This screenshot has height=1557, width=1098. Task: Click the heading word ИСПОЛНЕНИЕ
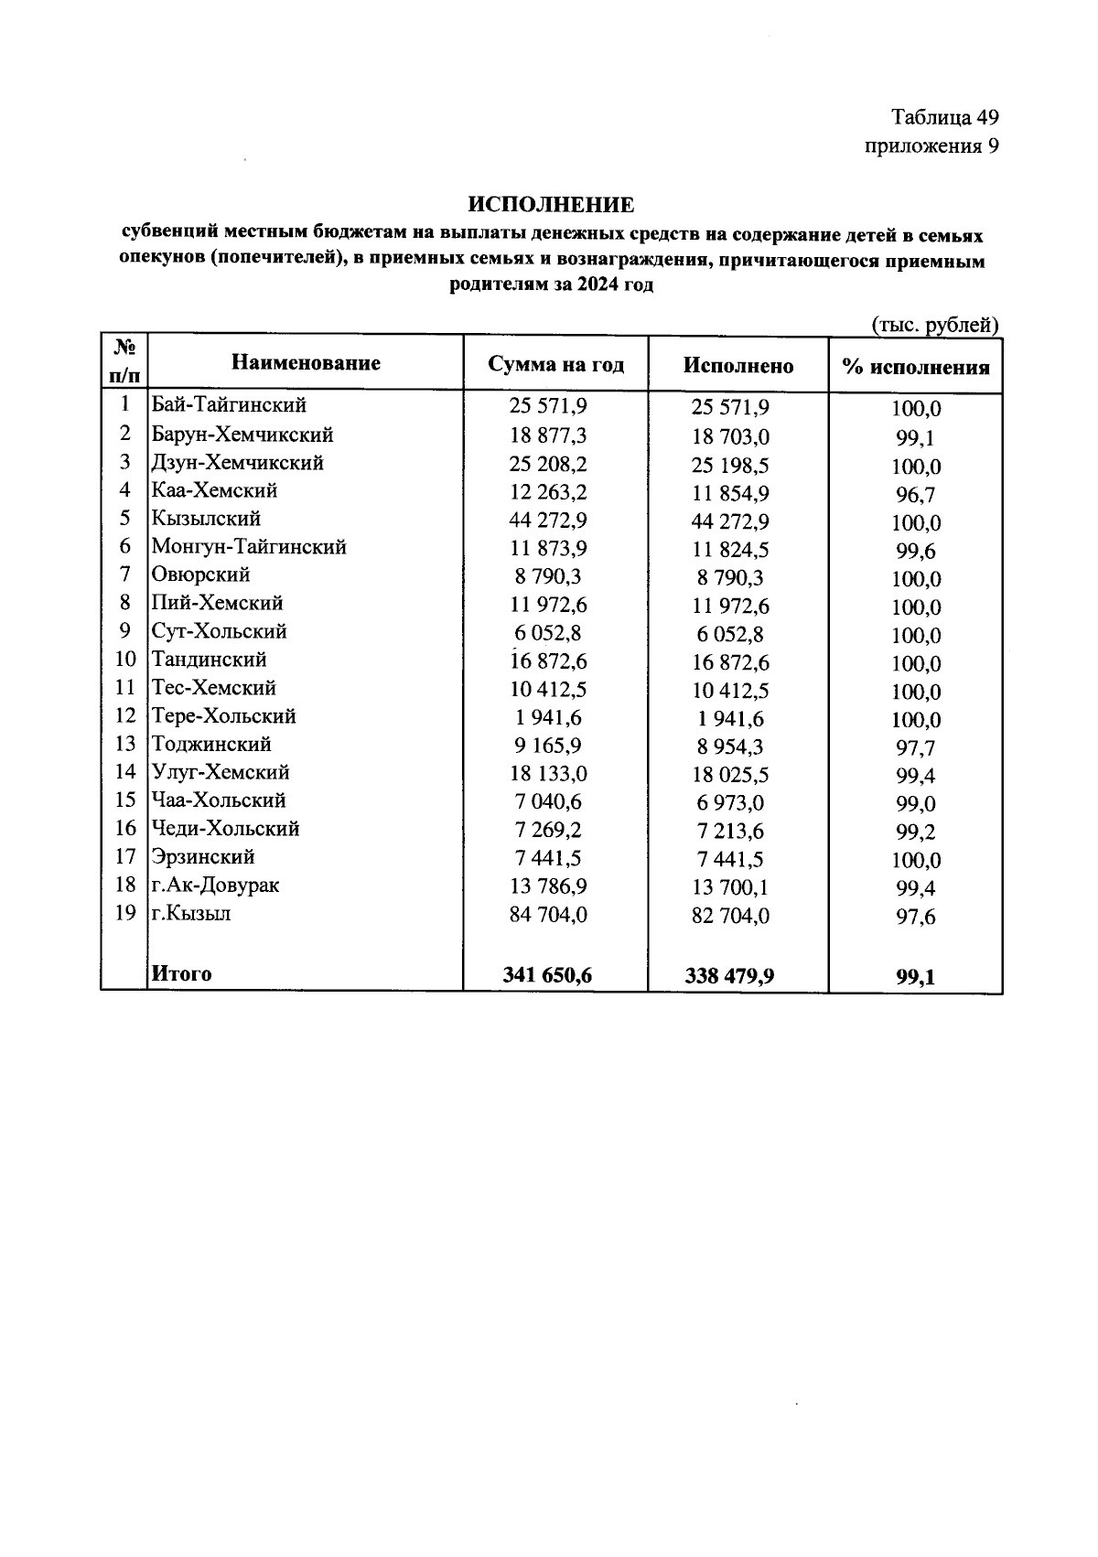click(x=551, y=204)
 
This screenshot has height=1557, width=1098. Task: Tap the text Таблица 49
click(x=944, y=117)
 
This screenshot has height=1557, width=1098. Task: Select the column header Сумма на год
click(x=555, y=364)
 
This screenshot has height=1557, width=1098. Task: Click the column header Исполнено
click(x=737, y=366)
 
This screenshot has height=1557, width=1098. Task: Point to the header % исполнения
click(x=916, y=368)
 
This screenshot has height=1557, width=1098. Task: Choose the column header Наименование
click(x=306, y=363)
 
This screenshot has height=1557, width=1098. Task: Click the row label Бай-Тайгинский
click(x=229, y=404)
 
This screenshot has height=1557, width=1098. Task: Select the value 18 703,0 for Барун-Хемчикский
click(x=730, y=437)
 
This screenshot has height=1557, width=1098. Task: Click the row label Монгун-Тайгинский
click(x=249, y=547)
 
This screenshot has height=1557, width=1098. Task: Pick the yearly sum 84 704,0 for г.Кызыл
click(x=548, y=914)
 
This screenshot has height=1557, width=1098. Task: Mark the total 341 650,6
click(x=547, y=975)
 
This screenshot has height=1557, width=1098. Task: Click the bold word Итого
click(x=181, y=973)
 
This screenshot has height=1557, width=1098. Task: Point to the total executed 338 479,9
click(x=729, y=976)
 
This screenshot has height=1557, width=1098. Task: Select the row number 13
click(x=125, y=744)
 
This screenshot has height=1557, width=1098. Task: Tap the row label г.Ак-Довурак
click(x=216, y=885)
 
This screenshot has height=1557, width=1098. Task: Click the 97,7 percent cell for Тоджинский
click(x=916, y=748)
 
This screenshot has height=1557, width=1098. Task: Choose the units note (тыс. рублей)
click(x=934, y=325)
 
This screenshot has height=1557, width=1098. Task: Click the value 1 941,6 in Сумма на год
click(x=548, y=717)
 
